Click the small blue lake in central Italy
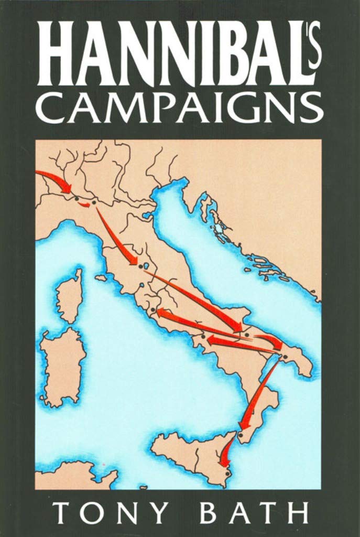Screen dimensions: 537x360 click(x=147, y=266)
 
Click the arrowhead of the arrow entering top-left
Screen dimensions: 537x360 click(x=66, y=188)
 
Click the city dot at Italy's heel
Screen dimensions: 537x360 click(x=285, y=358)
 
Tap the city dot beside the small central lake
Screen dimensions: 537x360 click(x=140, y=267)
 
